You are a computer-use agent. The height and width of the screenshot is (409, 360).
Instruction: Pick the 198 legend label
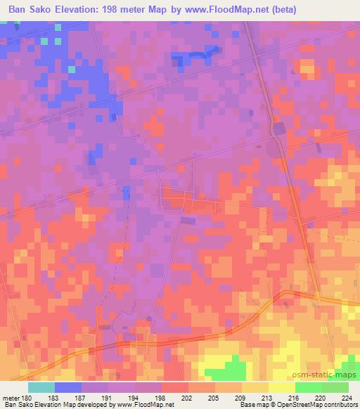pyautogui.click(x=163, y=397)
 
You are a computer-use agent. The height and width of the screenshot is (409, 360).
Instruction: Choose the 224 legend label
pyautogui.click(x=347, y=397)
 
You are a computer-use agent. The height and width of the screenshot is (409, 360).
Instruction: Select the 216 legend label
pyautogui.click(x=295, y=397)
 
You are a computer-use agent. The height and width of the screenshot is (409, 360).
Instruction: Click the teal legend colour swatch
pyautogui.click(x=41, y=387)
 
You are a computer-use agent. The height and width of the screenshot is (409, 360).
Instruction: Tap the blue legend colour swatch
pyautogui.click(x=68, y=387)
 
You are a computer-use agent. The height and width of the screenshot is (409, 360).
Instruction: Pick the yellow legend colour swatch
pyautogui.click(x=281, y=387)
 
